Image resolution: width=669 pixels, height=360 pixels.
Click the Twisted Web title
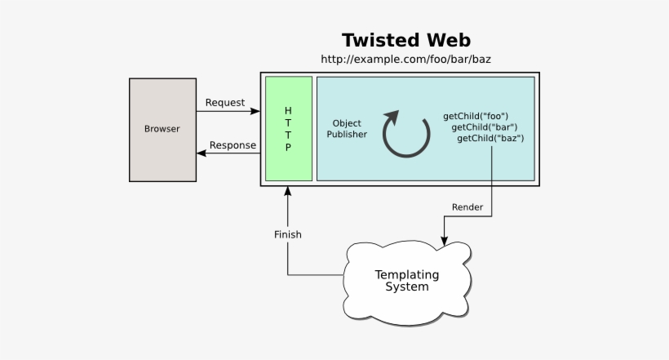(x=405, y=40)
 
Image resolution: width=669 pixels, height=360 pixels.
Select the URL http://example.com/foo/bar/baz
(x=405, y=60)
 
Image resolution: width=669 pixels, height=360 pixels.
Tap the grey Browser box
(x=162, y=129)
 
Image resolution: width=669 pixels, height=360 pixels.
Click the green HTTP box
(x=288, y=129)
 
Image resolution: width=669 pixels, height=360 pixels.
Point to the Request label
(x=224, y=102)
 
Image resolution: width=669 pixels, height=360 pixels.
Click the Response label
(x=233, y=146)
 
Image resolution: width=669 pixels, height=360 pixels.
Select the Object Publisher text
(x=347, y=129)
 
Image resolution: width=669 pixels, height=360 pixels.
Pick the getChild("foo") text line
(x=476, y=117)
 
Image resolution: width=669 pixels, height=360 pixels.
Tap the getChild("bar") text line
(x=483, y=128)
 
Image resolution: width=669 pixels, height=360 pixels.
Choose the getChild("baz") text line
(x=490, y=140)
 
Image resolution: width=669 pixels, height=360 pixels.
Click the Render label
(x=467, y=207)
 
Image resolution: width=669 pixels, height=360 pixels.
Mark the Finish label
(x=287, y=234)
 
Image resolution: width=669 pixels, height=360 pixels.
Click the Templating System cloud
(x=406, y=280)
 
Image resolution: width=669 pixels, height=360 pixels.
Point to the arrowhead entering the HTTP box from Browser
(x=255, y=110)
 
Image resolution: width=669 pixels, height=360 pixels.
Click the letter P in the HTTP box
(x=287, y=149)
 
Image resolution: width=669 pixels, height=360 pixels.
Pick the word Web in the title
(x=445, y=40)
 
